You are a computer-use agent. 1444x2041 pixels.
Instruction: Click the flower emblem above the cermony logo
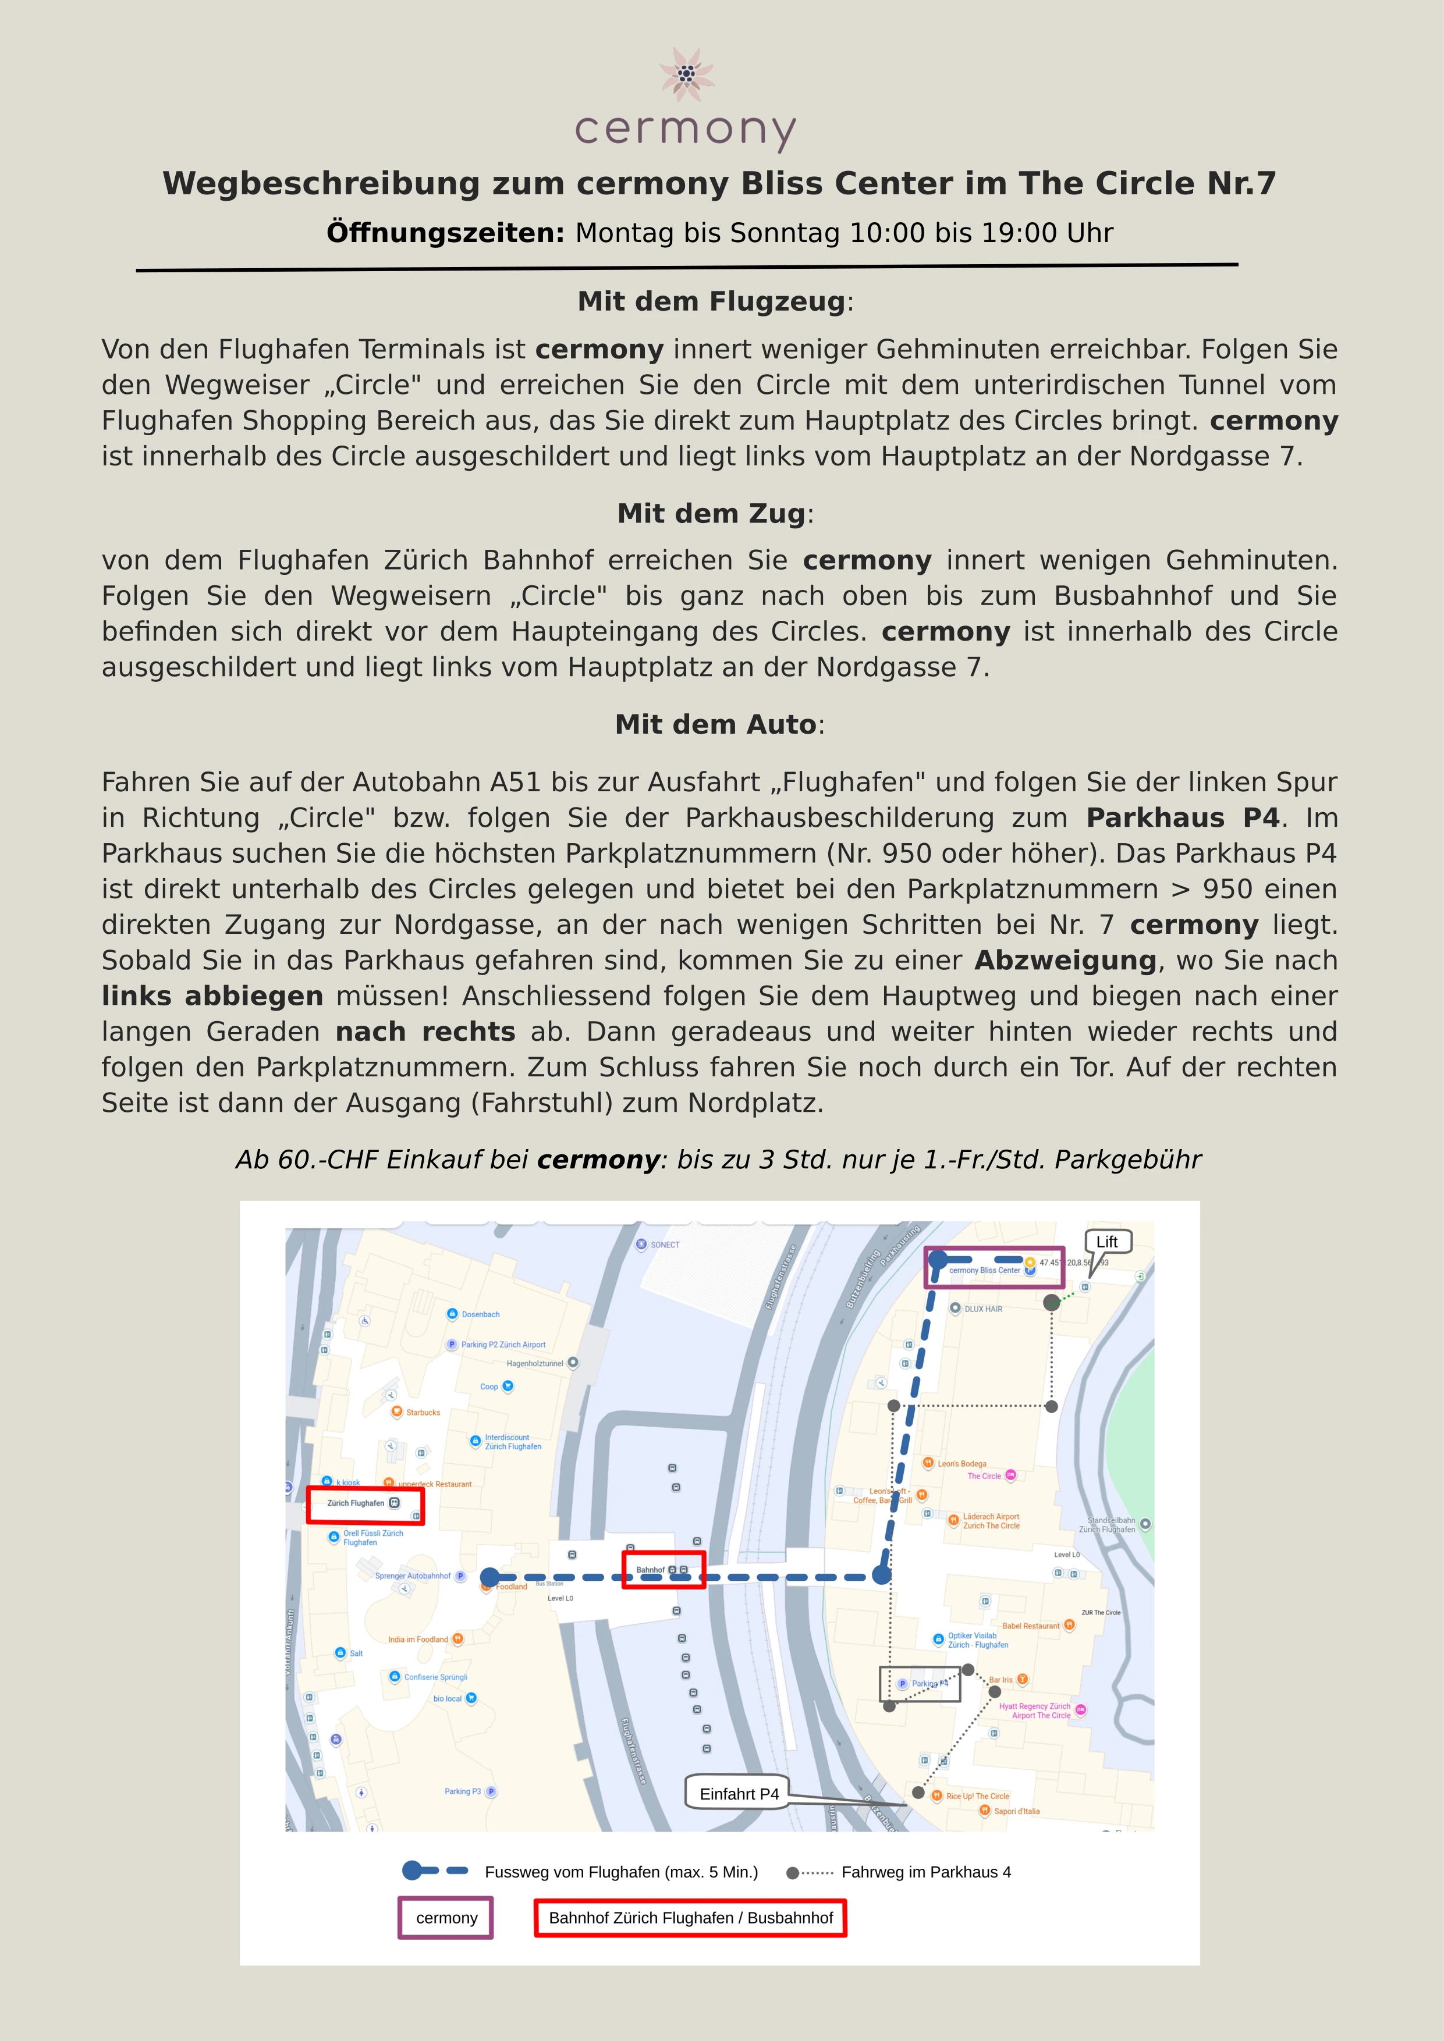[x=686, y=74]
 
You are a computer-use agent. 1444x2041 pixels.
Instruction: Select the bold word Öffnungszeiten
[x=445, y=233]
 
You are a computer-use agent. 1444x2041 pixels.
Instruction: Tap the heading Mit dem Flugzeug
[x=711, y=301]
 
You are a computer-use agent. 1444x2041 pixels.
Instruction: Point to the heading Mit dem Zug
[x=711, y=513]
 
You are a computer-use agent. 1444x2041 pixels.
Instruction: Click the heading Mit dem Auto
[x=716, y=724]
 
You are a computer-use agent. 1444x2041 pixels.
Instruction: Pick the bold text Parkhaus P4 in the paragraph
[x=1182, y=818]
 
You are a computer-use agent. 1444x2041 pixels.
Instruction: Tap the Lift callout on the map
[x=1107, y=1242]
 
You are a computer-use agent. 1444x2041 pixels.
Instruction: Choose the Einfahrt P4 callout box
[x=739, y=1794]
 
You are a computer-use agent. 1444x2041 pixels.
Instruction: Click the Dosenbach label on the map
[x=480, y=1314]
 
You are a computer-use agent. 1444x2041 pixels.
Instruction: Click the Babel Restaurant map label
[x=1031, y=1626]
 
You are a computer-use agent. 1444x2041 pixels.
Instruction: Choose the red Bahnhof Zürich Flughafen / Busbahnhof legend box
[x=690, y=1918]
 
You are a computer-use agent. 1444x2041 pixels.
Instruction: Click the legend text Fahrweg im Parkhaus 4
[x=925, y=1872]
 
